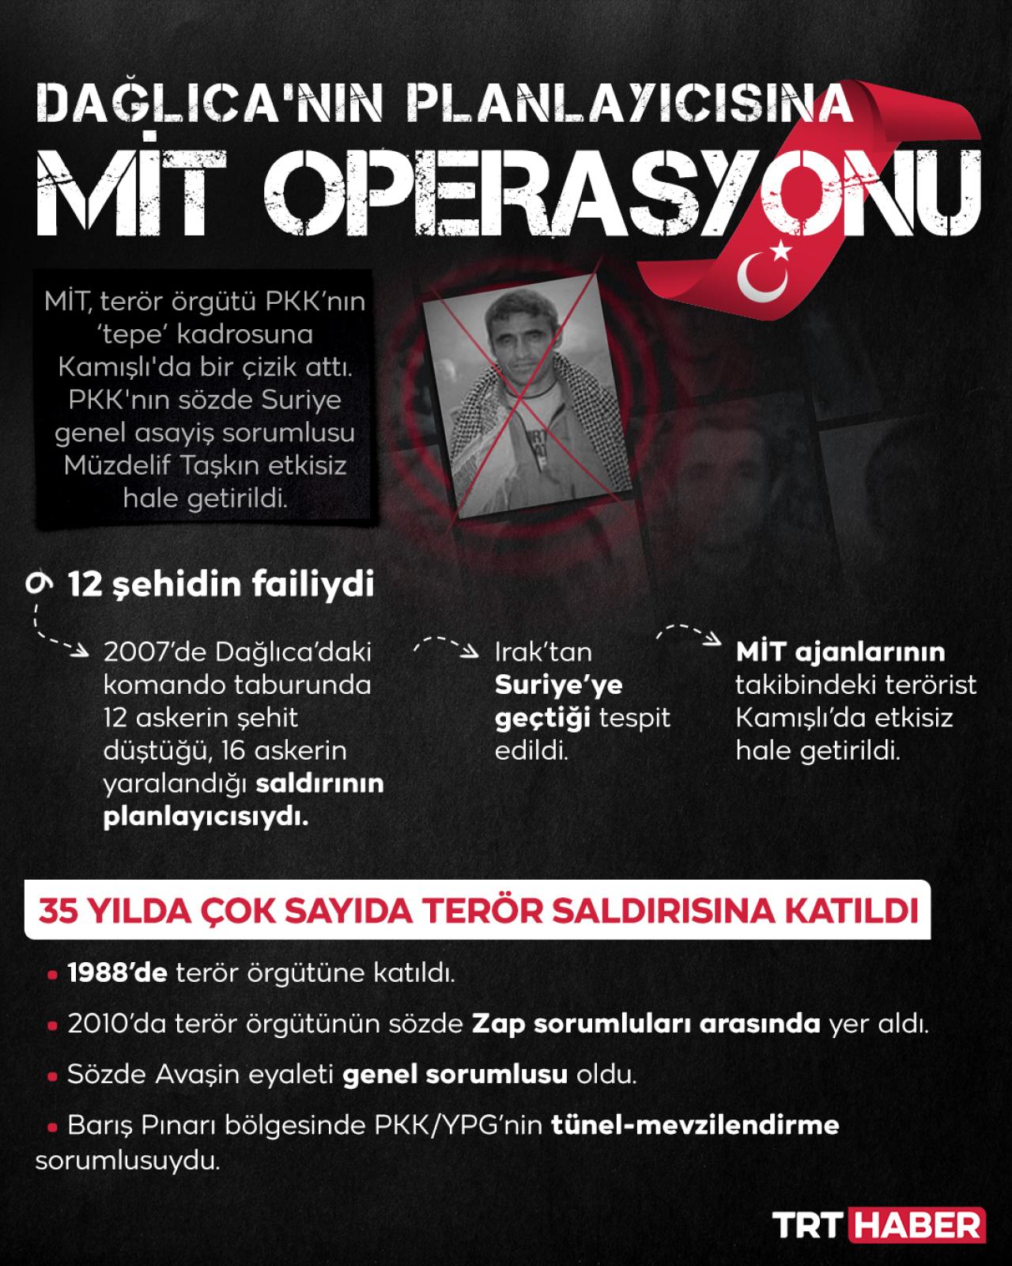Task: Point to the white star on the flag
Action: [x=781, y=252]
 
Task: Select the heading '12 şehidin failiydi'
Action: [x=221, y=586]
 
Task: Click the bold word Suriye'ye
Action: [x=558, y=684]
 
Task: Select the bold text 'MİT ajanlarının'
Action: [x=840, y=652]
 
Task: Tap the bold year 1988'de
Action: [x=117, y=972]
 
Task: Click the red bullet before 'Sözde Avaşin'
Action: [x=52, y=1077]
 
